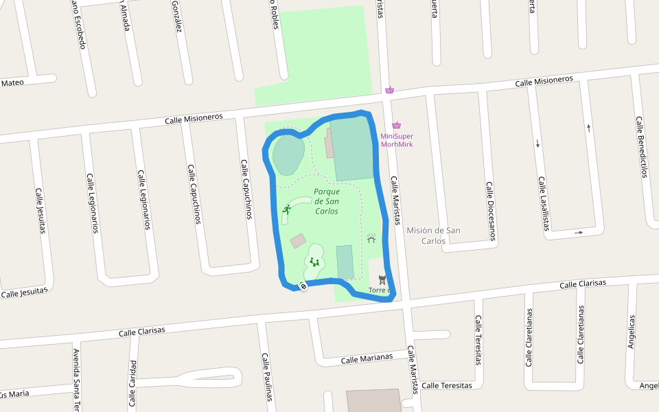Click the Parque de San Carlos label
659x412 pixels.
[327, 202]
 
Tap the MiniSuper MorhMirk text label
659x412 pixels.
[397, 140]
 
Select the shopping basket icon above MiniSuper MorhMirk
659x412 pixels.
[396, 125]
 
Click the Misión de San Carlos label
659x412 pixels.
[433, 236]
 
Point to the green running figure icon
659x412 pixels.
[286, 210]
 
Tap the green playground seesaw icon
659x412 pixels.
[314, 262]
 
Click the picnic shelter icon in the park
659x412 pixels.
[371, 238]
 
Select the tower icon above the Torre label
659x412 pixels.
[382, 279]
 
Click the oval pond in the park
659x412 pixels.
[288, 154]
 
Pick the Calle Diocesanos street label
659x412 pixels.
[491, 211]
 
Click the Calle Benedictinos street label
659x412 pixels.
[642, 147]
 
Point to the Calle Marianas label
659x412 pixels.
[367, 358]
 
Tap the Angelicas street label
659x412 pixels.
[632, 332]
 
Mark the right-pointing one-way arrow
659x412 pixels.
[579, 233]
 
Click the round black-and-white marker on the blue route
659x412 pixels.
[303, 286]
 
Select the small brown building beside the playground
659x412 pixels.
[298, 241]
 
